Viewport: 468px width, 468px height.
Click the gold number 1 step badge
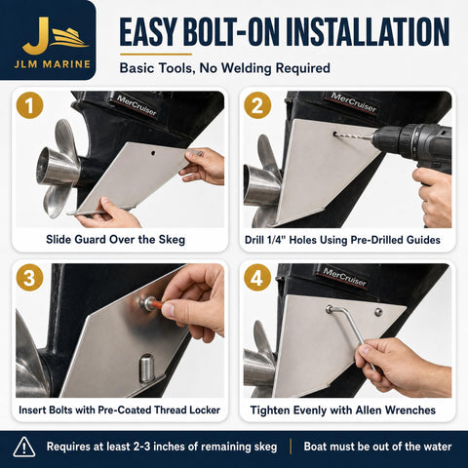click(29, 105)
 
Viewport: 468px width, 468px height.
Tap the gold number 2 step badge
click(257, 105)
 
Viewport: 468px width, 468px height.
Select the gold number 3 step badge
click(29, 278)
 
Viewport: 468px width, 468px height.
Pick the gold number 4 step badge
click(257, 278)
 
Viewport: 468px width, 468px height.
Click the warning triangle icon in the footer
click(24, 448)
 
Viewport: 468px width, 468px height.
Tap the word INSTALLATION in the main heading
click(368, 32)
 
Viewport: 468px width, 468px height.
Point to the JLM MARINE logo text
click(52, 64)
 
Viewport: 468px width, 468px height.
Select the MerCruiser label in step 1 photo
click(136, 105)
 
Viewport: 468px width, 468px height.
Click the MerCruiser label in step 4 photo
click(345, 277)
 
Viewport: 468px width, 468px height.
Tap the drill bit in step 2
click(354, 136)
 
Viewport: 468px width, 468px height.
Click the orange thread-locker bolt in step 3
click(153, 304)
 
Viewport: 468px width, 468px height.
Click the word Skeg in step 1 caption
click(172, 240)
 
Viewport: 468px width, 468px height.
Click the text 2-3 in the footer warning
click(142, 447)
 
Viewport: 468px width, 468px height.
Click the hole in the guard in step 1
click(153, 153)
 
